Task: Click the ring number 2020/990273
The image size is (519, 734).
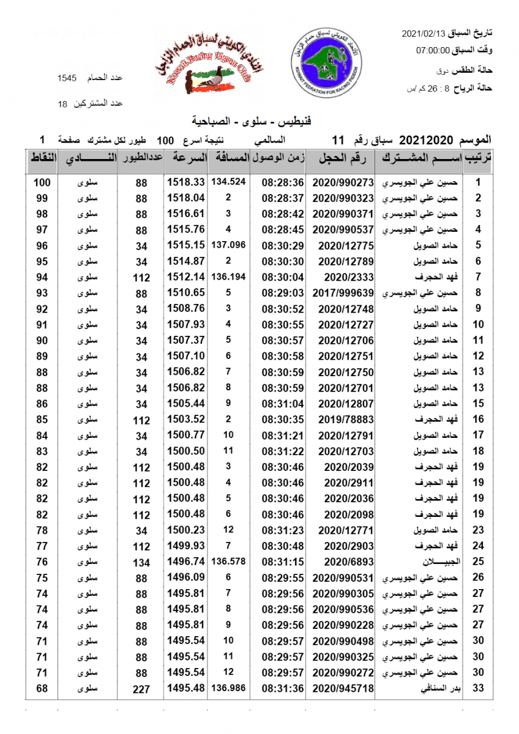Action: [343, 182]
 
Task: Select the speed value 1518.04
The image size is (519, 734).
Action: [185, 198]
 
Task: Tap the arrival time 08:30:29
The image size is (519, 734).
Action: [283, 245]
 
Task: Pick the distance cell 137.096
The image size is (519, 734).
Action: [228, 245]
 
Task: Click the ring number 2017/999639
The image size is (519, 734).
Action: [343, 293]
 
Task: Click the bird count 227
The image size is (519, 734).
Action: [141, 689]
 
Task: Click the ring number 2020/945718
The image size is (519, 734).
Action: [343, 689]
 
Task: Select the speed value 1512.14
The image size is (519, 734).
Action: [185, 277]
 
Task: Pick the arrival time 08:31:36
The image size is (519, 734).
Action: [283, 689]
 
